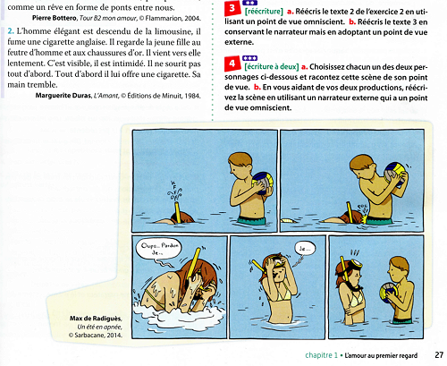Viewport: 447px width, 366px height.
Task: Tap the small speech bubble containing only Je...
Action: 303,247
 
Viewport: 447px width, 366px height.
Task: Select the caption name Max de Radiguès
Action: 94,321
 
